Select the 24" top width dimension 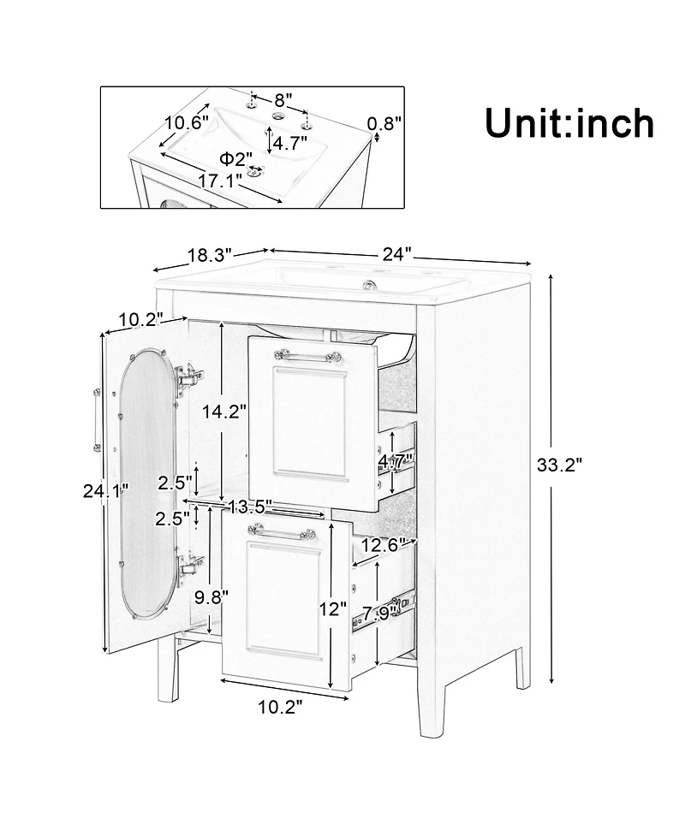point(397,254)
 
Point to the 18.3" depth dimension point(210,255)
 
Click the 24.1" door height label point(106,491)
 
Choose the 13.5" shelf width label point(249,506)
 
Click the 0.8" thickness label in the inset point(384,123)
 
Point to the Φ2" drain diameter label point(235,159)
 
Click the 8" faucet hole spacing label point(283,99)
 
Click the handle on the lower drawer point(277,532)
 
